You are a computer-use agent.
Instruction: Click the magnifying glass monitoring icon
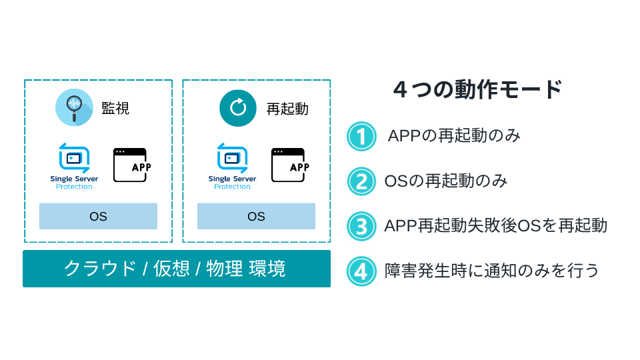(x=74, y=107)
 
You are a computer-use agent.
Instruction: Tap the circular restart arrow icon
(x=238, y=107)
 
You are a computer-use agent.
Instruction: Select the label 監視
(x=115, y=108)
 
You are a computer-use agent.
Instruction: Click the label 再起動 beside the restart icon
(x=287, y=108)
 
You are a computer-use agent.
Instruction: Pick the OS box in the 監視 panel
(x=98, y=216)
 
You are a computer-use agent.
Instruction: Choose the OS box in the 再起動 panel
(x=256, y=216)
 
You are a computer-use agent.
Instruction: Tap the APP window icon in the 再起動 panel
(x=289, y=165)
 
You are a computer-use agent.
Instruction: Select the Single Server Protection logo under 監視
(x=74, y=166)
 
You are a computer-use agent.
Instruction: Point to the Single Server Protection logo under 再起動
(x=232, y=166)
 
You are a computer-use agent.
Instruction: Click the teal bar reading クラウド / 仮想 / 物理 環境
(x=177, y=269)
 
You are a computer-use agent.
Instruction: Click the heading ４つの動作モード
(x=478, y=89)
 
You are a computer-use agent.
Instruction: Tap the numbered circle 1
(x=362, y=137)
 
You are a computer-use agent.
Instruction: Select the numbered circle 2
(x=362, y=181)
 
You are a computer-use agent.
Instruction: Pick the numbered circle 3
(x=362, y=226)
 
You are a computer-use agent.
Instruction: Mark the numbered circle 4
(x=362, y=271)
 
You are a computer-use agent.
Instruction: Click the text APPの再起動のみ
(x=454, y=136)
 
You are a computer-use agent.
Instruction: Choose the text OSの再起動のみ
(x=446, y=181)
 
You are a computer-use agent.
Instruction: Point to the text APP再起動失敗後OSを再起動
(x=495, y=225)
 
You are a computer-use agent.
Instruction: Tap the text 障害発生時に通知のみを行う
(x=492, y=271)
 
